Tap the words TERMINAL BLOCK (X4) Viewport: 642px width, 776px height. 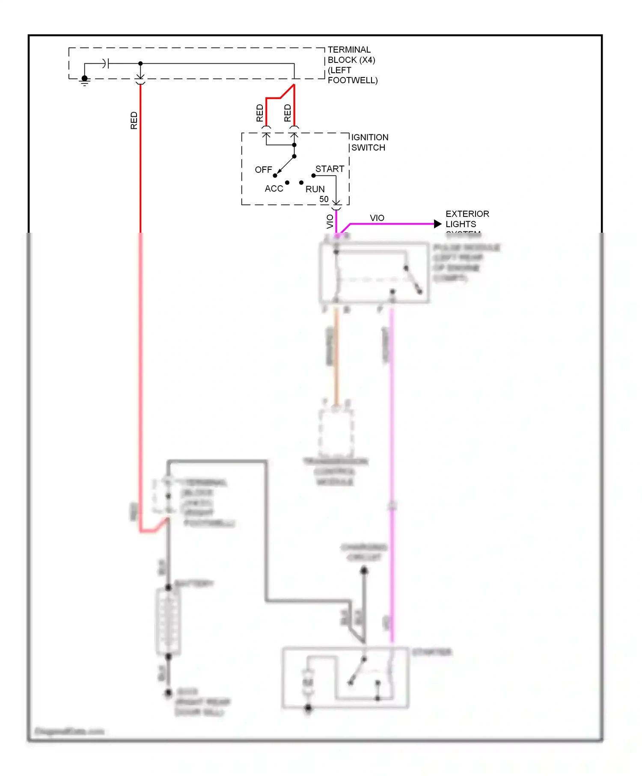click(x=351, y=55)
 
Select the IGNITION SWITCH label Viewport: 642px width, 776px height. click(x=369, y=142)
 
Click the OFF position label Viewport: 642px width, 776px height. click(x=263, y=170)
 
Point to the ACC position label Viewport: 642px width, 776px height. click(x=274, y=189)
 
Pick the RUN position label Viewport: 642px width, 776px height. click(x=315, y=189)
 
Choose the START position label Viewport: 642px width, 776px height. click(x=330, y=169)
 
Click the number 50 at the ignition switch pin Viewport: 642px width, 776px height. click(x=324, y=199)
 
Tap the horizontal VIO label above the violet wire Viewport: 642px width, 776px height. click(x=377, y=218)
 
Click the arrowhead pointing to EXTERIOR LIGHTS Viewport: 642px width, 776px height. click(x=437, y=224)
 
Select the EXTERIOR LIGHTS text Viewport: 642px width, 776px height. click(x=467, y=219)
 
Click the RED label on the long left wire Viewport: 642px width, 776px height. click(x=134, y=121)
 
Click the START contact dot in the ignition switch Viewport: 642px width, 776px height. click(x=313, y=176)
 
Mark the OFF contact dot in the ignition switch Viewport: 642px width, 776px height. click(x=275, y=176)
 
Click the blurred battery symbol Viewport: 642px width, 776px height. click(x=168, y=621)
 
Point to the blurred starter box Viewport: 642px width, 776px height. click(x=345, y=678)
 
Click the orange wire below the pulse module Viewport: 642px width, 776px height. click(x=336, y=355)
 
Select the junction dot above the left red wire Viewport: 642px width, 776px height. click(x=140, y=64)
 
